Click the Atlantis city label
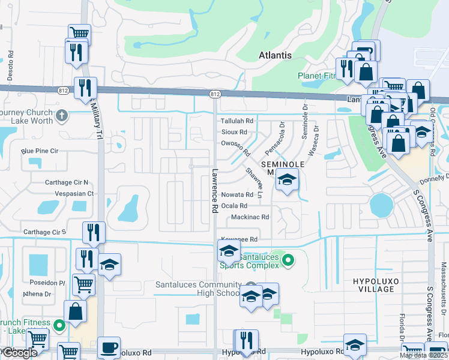coord(275,55)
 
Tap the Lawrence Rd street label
coord(214,191)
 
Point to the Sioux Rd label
coord(234,132)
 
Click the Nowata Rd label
coord(237,195)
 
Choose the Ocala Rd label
coord(234,206)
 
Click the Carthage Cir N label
coord(67,182)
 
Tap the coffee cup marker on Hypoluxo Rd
coord(109,347)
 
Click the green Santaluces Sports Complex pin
coord(288,260)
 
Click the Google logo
coord(19,353)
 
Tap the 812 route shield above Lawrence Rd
coord(215,94)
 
